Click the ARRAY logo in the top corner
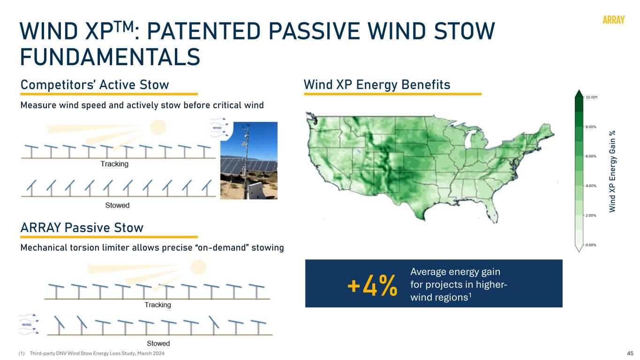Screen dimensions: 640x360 coord(613,20)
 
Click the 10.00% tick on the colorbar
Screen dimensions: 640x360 coord(591,97)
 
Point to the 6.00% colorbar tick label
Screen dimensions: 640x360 coord(591,156)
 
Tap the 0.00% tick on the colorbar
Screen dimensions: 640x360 coord(591,245)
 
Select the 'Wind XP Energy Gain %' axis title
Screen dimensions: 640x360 coord(612,172)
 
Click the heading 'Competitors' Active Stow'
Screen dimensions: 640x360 coord(95,84)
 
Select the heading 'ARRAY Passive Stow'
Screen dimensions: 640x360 coord(82,228)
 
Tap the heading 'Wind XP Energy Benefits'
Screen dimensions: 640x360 coord(377,84)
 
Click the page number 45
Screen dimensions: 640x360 coord(630,353)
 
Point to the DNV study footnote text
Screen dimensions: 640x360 coord(97,353)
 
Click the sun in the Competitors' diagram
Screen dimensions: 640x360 coord(158,127)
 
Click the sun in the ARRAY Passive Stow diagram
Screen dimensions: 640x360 coord(198,268)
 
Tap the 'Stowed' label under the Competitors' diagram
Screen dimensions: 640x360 coord(117,205)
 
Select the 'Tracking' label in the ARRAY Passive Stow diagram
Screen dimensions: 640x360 coord(158,305)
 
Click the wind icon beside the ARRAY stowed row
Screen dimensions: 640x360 coord(29,324)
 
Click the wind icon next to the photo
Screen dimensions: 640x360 coord(219,127)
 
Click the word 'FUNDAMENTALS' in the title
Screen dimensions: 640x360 coord(110,57)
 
